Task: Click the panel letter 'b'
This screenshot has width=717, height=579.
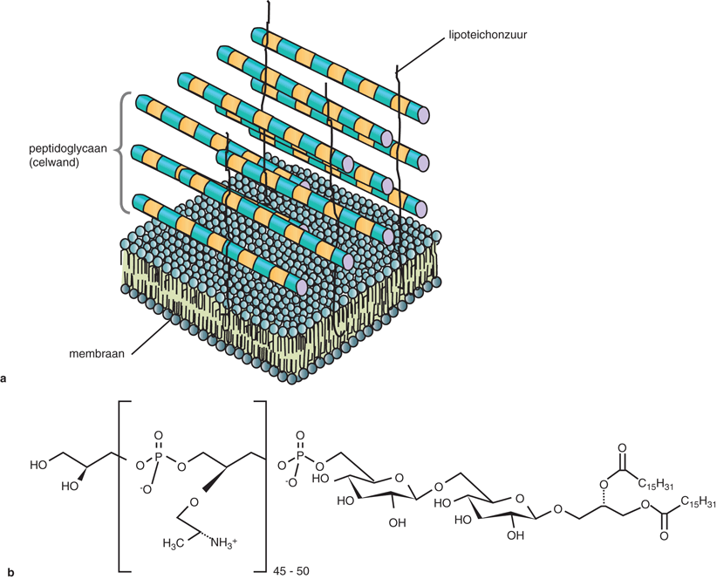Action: point(6,573)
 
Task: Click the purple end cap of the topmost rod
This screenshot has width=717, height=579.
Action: point(424,114)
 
